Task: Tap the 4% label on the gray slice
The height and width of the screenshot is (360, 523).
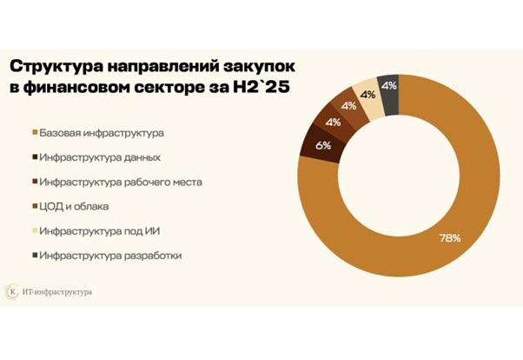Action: coord(390,85)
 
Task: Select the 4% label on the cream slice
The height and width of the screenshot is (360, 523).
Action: coord(368,95)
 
